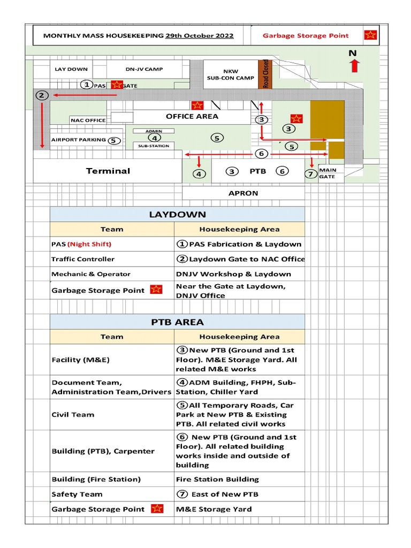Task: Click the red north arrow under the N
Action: (x=354, y=66)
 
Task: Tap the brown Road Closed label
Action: (x=266, y=74)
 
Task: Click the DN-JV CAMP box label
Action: (x=144, y=69)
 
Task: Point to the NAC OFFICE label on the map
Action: (x=88, y=120)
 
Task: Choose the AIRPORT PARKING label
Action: (x=79, y=140)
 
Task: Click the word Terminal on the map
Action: (x=108, y=171)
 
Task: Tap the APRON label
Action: (x=243, y=193)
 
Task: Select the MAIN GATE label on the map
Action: (x=327, y=173)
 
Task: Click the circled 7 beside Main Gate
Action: (x=310, y=173)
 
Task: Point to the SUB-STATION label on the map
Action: (x=154, y=146)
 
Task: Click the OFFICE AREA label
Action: (x=192, y=116)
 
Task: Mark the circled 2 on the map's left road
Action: (x=42, y=95)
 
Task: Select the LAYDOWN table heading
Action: (x=177, y=214)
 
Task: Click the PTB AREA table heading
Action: (x=177, y=322)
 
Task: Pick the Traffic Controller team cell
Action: (x=83, y=259)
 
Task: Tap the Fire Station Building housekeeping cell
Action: (x=217, y=479)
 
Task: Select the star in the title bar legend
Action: (x=370, y=35)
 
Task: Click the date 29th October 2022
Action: (x=199, y=36)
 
